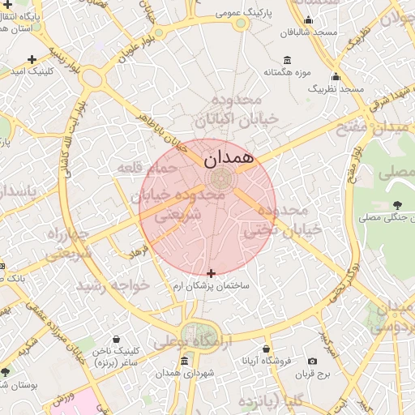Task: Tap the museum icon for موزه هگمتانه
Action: [x=288, y=60]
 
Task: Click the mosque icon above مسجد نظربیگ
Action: [x=336, y=76]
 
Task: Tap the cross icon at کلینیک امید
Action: [x=32, y=59]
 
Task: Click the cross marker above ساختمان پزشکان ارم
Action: [x=212, y=274]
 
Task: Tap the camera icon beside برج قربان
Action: [x=313, y=361]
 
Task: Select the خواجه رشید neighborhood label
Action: [x=113, y=286]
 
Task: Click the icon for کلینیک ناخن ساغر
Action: [x=118, y=339]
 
